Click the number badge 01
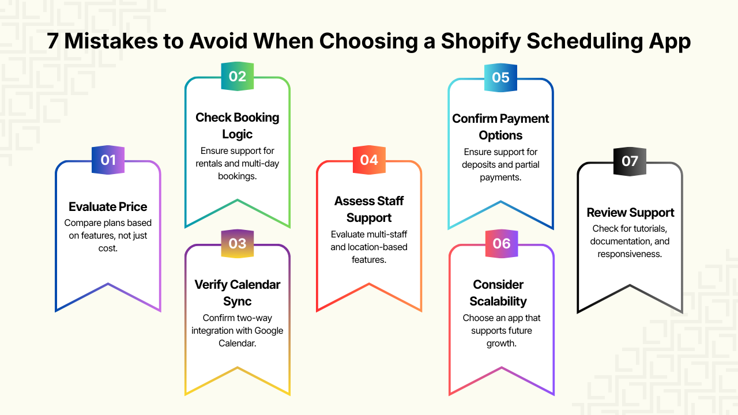pos(108,160)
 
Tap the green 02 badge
pos(238,76)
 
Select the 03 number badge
pos(238,244)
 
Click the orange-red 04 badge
pos(369,160)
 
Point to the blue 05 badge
pos(500,77)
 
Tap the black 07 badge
pos(630,160)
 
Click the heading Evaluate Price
pos(108,207)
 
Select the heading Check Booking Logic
pos(238,126)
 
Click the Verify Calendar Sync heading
pos(238,293)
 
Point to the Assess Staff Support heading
pos(369,209)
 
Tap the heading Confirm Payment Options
pos(500,127)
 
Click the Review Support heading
pos(630,213)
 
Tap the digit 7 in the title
pos(52,42)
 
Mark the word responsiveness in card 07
pos(630,254)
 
